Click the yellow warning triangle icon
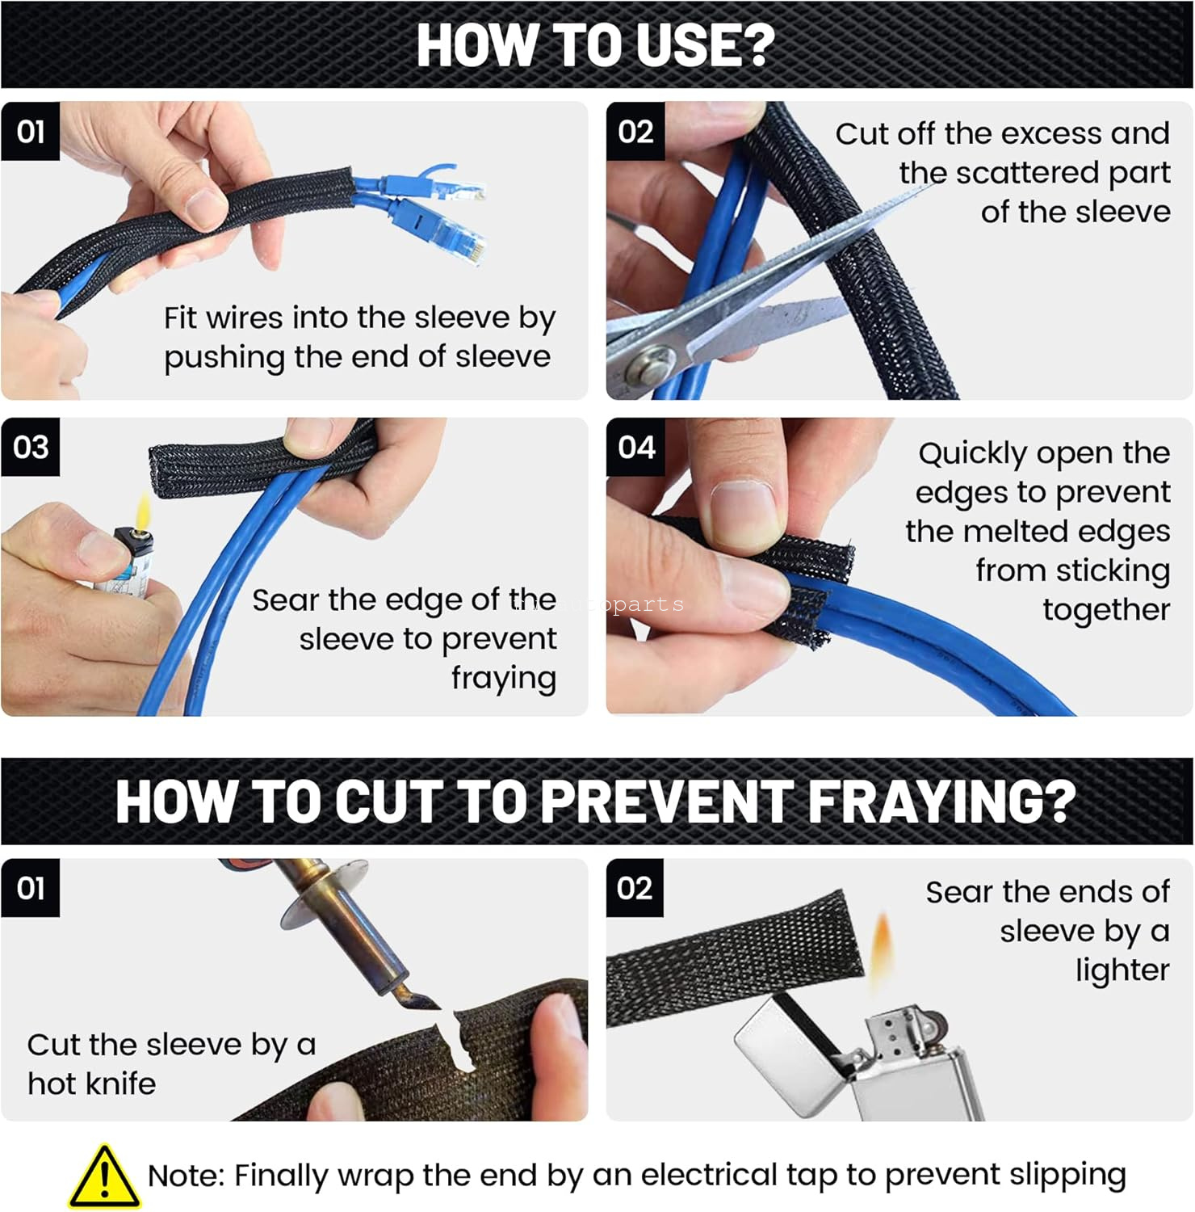coord(104,1176)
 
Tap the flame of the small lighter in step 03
coord(143,510)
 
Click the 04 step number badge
coord(635,447)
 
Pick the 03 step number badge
coord(30,447)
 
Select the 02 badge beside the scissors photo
coord(635,131)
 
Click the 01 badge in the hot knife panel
coord(30,888)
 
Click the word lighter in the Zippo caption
coord(1122,970)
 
